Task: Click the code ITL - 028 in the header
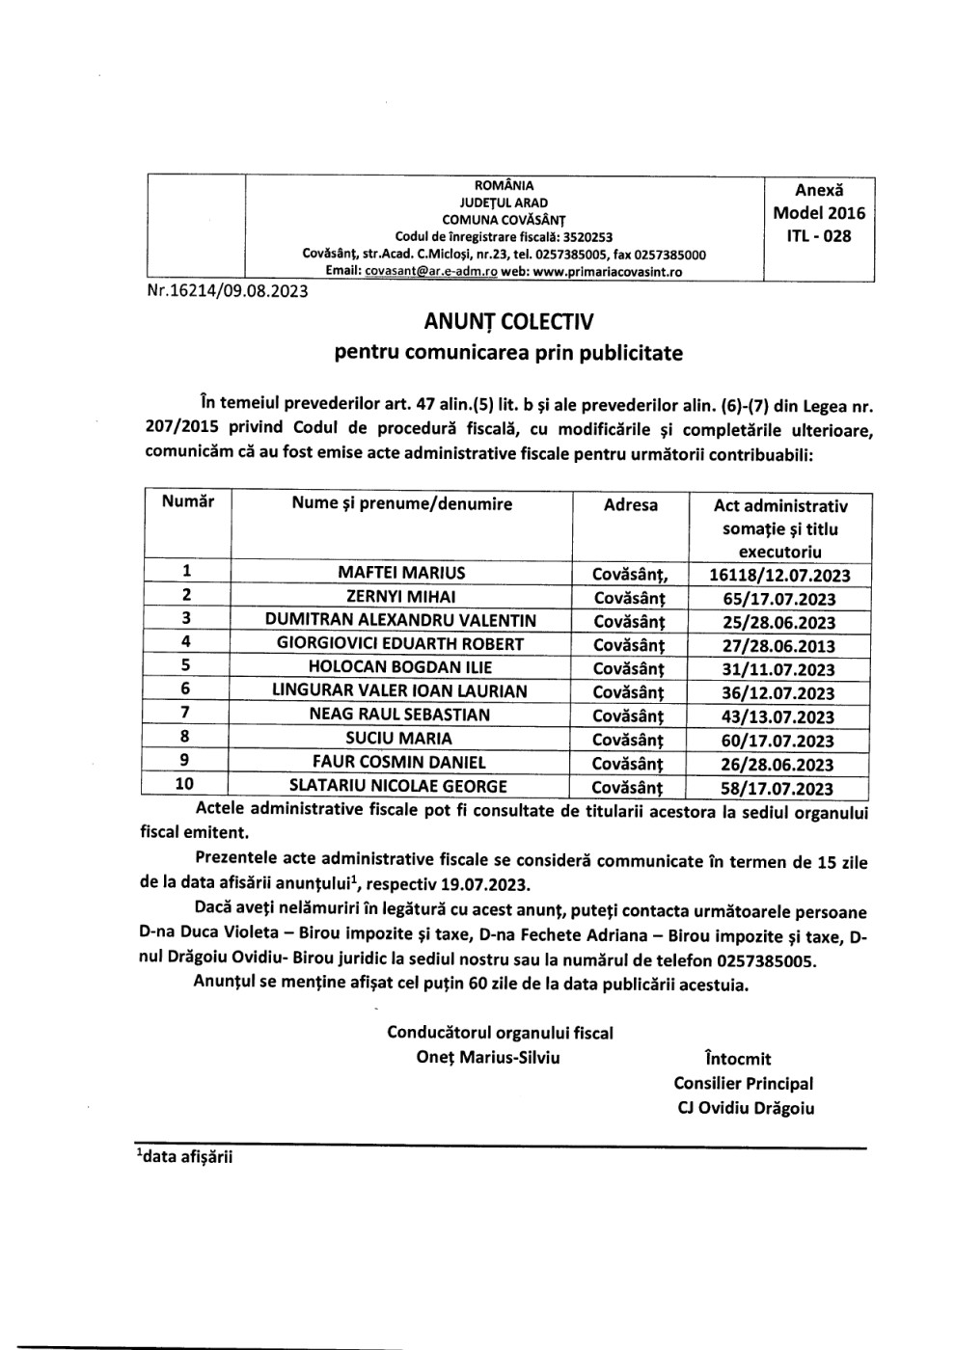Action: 819,235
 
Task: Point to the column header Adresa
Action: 630,504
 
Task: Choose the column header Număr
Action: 188,501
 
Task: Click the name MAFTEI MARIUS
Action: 401,573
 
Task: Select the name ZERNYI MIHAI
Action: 401,597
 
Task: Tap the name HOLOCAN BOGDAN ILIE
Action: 400,667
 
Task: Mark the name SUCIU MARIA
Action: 401,739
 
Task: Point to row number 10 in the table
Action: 184,785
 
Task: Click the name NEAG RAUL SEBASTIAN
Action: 400,715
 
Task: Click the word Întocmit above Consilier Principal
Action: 739,1059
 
